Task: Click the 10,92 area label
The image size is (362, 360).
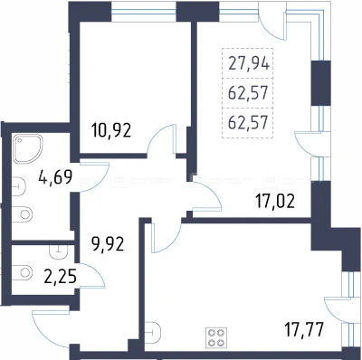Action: pyautogui.click(x=111, y=131)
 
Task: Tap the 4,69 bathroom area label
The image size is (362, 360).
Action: pyautogui.click(x=55, y=176)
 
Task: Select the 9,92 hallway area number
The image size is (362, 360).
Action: pyautogui.click(x=108, y=243)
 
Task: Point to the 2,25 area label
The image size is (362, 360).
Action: pyautogui.click(x=60, y=277)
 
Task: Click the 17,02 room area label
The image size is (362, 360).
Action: pyautogui.click(x=275, y=202)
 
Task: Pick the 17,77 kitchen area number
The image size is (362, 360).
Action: pyautogui.click(x=304, y=329)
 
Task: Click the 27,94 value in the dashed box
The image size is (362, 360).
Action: pyautogui.click(x=249, y=64)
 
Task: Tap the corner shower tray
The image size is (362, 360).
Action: pyautogui.click(x=27, y=148)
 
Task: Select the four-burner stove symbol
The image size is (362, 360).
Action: pyautogui.click(x=217, y=337)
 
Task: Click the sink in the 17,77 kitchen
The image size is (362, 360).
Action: pyautogui.click(x=153, y=333)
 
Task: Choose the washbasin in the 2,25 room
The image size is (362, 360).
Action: pyautogui.click(x=59, y=251)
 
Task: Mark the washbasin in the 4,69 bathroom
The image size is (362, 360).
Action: pyautogui.click(x=18, y=186)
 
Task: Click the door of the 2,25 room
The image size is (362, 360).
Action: pyautogui.click(x=92, y=276)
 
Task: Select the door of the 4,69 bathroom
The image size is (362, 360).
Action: pyautogui.click(x=94, y=177)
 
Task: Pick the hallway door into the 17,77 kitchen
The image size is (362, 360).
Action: pyautogui.click(x=167, y=238)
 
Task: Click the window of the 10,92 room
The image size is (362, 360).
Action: pyautogui.click(x=143, y=12)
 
